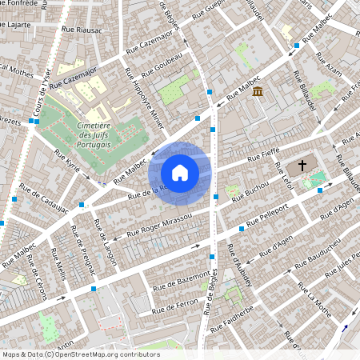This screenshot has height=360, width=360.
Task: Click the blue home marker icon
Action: (x=180, y=172)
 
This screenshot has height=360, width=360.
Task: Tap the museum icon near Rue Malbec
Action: (x=258, y=93)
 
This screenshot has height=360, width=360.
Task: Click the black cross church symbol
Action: (x=302, y=166)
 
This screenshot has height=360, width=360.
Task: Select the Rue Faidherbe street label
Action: (x=231, y=318)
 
